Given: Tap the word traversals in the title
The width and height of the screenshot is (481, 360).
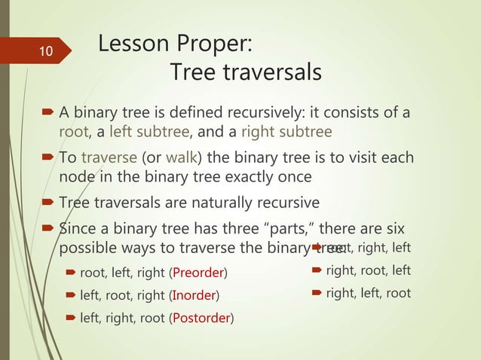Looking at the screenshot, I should (x=271, y=73).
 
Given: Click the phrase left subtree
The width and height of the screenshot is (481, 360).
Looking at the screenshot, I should (x=149, y=133).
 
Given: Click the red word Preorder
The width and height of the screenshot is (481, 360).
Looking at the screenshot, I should (x=199, y=271).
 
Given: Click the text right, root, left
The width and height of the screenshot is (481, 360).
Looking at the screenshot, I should (x=368, y=270).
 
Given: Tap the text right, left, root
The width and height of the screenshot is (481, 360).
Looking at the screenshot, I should (x=368, y=293).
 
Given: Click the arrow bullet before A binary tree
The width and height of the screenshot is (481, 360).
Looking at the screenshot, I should (x=50, y=114).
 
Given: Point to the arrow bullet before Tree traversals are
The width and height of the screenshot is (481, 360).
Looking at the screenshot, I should (x=50, y=203).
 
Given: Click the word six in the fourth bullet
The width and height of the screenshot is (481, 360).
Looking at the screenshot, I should (x=395, y=229).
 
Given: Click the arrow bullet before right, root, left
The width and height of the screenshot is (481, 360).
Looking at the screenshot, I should (x=317, y=270).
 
